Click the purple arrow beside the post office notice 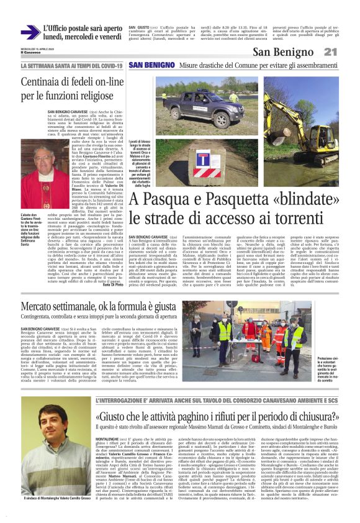click(30, 32)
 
